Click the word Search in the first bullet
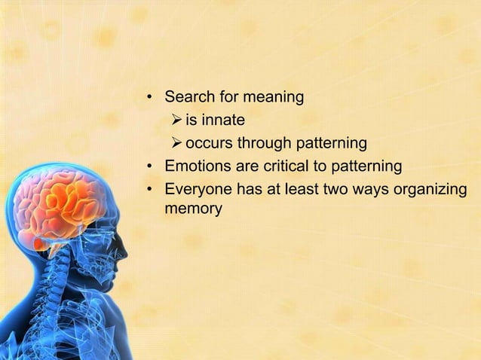click(x=189, y=97)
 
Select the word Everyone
click(x=198, y=188)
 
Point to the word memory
click(x=193, y=208)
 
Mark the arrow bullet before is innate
click(x=176, y=120)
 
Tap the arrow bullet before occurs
click(x=176, y=142)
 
